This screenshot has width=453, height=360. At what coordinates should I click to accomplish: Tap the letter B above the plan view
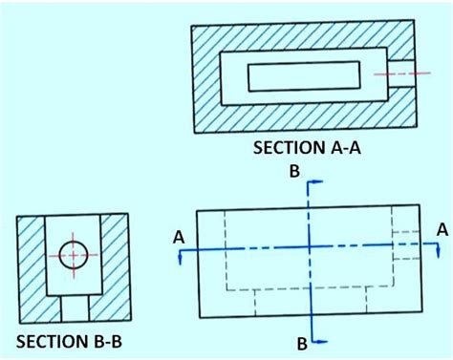point(295,171)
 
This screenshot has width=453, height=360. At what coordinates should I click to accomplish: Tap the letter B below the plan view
point(302,343)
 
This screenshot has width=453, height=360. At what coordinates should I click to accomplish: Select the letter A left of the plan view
point(178,235)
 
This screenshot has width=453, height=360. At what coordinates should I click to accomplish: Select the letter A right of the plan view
point(441,228)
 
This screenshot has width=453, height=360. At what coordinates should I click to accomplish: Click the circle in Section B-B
point(74,255)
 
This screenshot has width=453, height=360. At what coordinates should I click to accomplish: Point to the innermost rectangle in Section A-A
point(304,75)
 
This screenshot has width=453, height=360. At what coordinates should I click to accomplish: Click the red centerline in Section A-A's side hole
point(394,74)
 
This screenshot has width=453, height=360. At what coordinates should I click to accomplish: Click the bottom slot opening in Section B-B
point(74,307)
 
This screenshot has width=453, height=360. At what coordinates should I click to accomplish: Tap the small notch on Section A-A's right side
point(406,74)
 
